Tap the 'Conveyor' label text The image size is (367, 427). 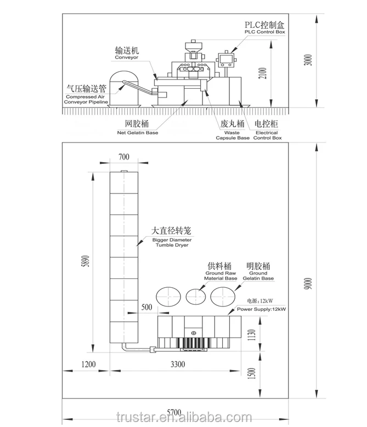(x=126, y=57)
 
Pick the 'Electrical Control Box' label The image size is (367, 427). (x=267, y=135)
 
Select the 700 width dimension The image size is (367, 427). (x=124, y=158)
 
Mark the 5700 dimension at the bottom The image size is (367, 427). (x=174, y=412)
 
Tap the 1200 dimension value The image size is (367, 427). (x=88, y=364)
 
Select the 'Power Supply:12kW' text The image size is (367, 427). (x=263, y=310)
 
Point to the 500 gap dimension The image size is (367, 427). (x=146, y=307)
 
